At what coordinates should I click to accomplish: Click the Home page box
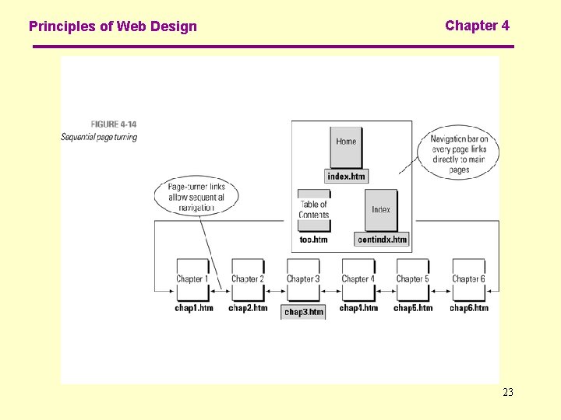pyautogui.click(x=346, y=145)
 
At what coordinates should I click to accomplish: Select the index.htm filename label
pyautogui.click(x=346, y=177)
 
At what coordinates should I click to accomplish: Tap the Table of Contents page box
pyautogui.click(x=314, y=209)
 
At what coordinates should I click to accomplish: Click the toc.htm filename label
pyautogui.click(x=313, y=240)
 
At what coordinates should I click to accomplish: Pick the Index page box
pyautogui.click(x=381, y=209)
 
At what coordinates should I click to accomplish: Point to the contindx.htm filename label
pyautogui.click(x=382, y=240)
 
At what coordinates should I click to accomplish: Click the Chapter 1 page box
pyautogui.click(x=191, y=279)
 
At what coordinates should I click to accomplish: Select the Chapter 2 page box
pyautogui.click(x=247, y=279)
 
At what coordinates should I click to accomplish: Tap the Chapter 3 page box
pyautogui.click(x=303, y=279)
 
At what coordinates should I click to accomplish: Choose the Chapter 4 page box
pyautogui.click(x=358, y=279)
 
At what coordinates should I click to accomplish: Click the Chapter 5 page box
pyautogui.click(x=412, y=279)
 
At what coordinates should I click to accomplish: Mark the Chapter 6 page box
pyautogui.click(x=468, y=279)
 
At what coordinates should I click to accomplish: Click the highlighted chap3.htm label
pyautogui.click(x=303, y=312)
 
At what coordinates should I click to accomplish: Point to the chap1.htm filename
pyautogui.click(x=193, y=308)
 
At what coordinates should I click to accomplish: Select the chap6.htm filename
pyautogui.click(x=469, y=308)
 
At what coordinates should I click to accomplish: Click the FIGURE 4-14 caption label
pyautogui.click(x=114, y=124)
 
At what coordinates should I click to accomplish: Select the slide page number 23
pyautogui.click(x=508, y=392)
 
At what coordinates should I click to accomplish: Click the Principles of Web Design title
pyautogui.click(x=113, y=26)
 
